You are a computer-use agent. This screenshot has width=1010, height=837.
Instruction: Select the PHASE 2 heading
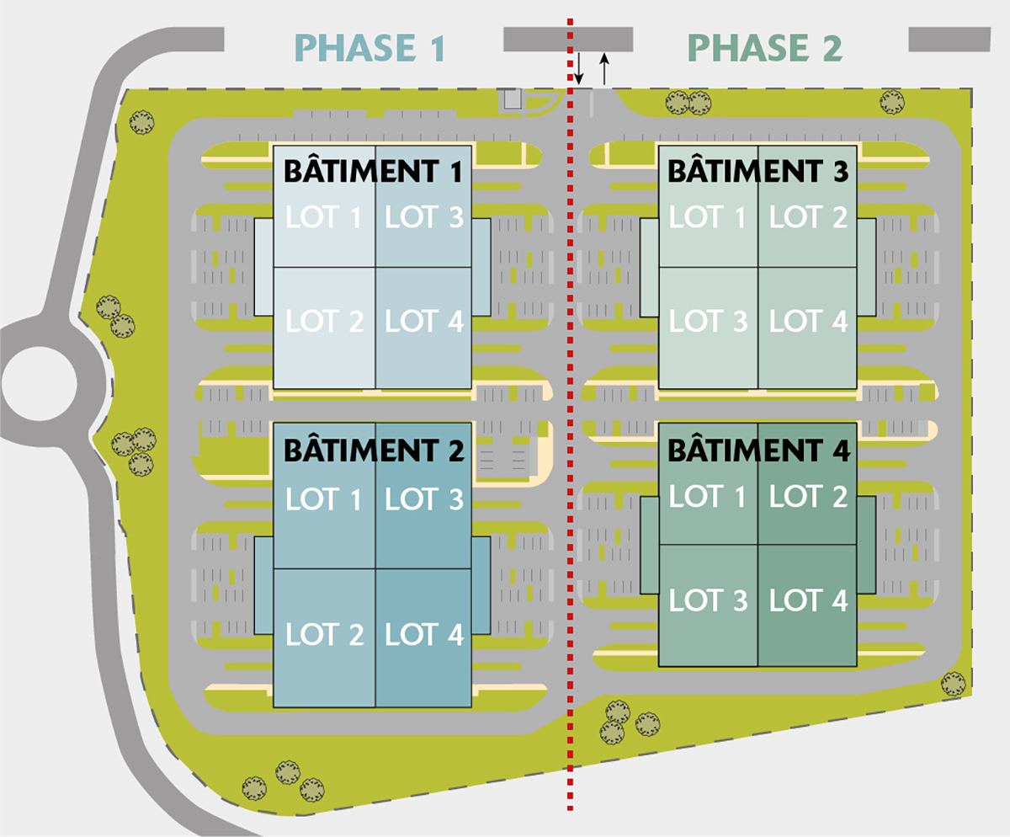[x=764, y=48]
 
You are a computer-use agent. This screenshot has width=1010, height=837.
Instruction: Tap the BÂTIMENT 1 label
[x=373, y=172]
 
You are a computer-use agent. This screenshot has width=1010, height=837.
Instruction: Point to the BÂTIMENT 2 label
[x=373, y=450]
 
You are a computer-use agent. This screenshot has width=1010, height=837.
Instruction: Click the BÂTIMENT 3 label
[x=757, y=172]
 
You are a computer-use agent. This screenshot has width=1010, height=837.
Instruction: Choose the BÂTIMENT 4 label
[x=757, y=450]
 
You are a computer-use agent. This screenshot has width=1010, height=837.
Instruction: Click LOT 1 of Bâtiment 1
[x=324, y=217]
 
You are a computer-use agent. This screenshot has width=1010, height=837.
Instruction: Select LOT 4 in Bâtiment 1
[x=424, y=321]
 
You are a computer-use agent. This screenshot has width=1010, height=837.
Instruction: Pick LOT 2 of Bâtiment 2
[x=324, y=634]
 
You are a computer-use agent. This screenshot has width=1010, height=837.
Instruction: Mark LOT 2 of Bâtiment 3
[x=808, y=217]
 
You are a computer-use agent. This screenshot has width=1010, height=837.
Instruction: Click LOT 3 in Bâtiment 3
[x=708, y=321]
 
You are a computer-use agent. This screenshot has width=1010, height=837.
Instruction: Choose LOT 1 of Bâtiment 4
[x=708, y=497]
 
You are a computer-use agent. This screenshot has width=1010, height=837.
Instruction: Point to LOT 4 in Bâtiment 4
[x=808, y=600]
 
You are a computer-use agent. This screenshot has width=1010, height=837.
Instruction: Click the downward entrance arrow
[x=578, y=68]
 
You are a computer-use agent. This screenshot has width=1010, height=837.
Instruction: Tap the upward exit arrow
[x=603, y=68]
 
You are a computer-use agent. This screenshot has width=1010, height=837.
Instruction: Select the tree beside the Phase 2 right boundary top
[x=891, y=103]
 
